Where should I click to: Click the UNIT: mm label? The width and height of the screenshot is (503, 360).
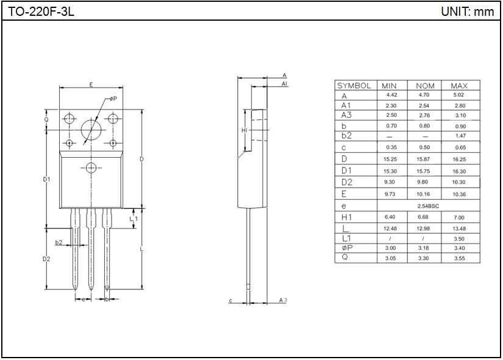pos(467,12)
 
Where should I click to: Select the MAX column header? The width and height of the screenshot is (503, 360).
pos(459,86)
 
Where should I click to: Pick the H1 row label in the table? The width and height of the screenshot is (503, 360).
pos(347,217)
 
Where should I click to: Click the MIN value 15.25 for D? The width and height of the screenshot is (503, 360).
pos(390,159)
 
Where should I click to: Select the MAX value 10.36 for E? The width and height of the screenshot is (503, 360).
pos(459,194)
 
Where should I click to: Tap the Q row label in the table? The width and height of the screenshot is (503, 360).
pos(344,258)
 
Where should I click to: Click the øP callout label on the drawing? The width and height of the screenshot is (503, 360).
pos(113,99)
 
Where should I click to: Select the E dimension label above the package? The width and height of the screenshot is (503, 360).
pos(91,85)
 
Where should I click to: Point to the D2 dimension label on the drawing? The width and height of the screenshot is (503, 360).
pos(46,259)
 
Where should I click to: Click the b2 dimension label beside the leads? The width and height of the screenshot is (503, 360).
pos(59,242)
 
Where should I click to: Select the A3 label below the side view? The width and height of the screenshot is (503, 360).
pos(282,300)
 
